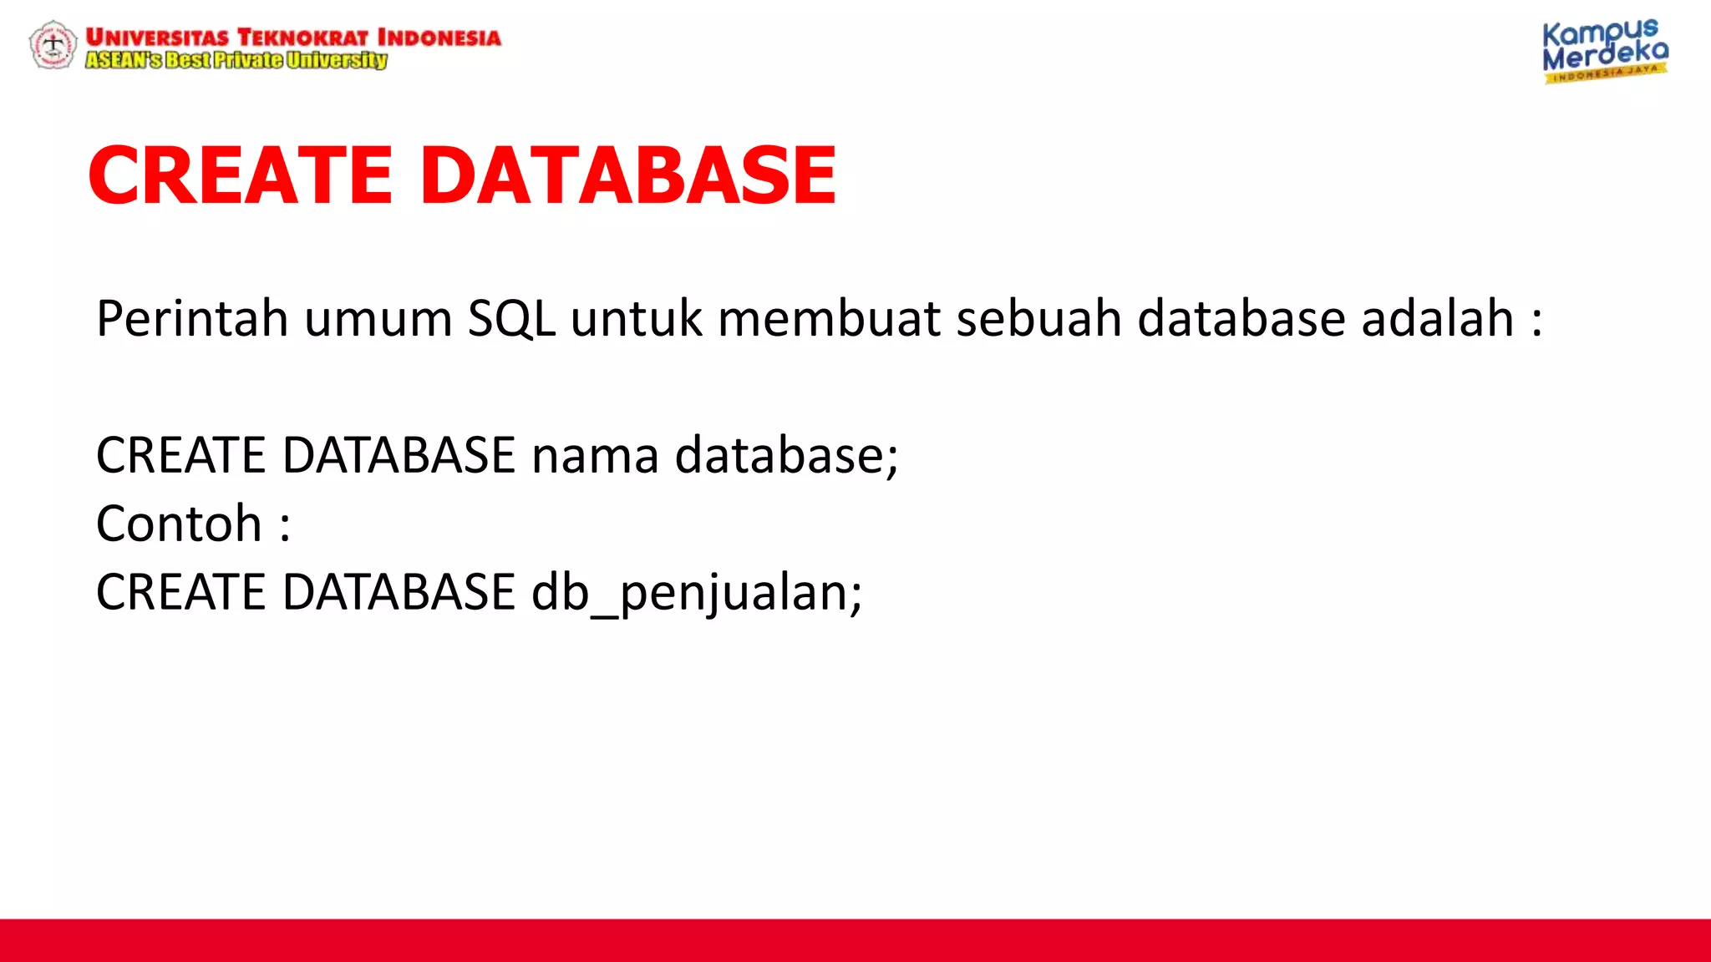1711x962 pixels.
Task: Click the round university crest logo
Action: (x=53, y=45)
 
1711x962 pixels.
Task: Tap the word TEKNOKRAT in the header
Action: (x=302, y=38)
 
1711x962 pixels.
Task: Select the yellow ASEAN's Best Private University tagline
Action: (x=236, y=60)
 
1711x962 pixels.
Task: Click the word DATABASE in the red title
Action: (x=627, y=175)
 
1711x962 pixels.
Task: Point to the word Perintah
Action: (x=192, y=319)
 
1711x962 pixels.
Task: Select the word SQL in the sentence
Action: (x=511, y=319)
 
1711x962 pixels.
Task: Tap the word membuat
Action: (x=829, y=319)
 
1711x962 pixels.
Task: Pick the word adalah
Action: (x=1438, y=319)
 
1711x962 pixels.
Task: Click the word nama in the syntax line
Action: (x=595, y=456)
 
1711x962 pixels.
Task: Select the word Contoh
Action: (x=179, y=524)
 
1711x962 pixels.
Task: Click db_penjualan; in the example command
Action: (x=697, y=593)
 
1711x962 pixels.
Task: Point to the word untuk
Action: (x=637, y=319)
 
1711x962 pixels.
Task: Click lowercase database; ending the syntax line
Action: (x=786, y=456)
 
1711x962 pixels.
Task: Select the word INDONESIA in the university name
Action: (x=439, y=38)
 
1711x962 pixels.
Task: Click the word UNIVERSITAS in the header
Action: (x=157, y=38)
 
